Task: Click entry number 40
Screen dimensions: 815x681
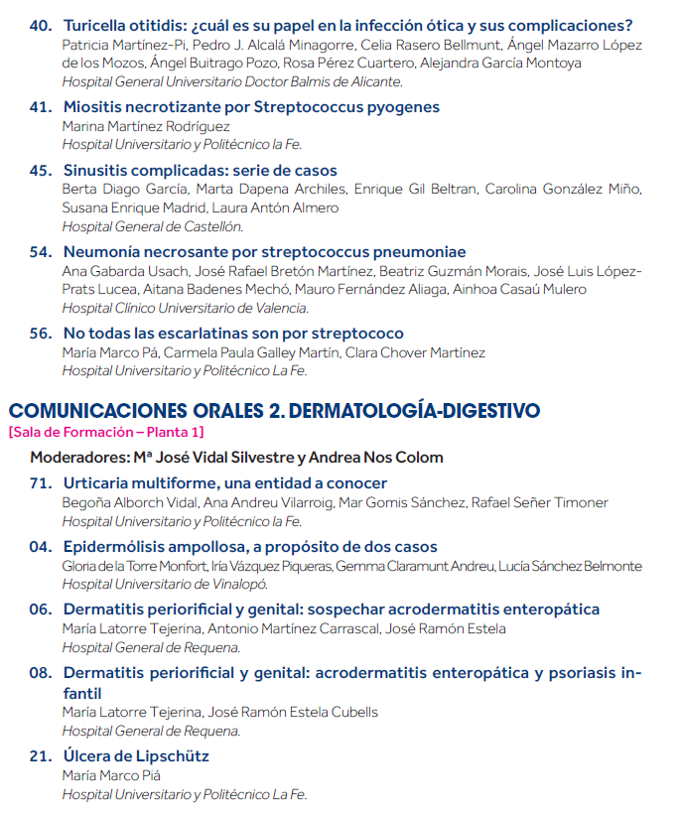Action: click(41, 26)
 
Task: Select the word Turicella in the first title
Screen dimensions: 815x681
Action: click(97, 26)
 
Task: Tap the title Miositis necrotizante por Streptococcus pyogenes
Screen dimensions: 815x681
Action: click(251, 107)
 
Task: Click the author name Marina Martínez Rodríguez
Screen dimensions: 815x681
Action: click(146, 126)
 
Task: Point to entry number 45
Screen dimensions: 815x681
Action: click(41, 171)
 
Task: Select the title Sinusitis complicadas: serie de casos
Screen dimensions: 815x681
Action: click(200, 171)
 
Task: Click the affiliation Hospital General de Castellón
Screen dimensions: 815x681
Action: click(152, 226)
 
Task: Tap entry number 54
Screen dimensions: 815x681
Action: click(41, 252)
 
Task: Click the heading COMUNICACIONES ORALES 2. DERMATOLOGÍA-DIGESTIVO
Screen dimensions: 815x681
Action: click(274, 410)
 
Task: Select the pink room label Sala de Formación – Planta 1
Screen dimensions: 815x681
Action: click(105, 432)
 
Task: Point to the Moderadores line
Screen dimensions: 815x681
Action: click(236, 458)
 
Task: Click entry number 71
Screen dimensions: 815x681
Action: click(41, 483)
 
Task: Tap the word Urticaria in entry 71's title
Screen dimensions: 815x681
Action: click(100, 483)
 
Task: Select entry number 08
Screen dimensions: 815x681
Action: click(41, 673)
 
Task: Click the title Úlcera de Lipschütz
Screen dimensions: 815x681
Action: click(136, 756)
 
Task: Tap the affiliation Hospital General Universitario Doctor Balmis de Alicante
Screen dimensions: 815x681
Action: click(232, 81)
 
